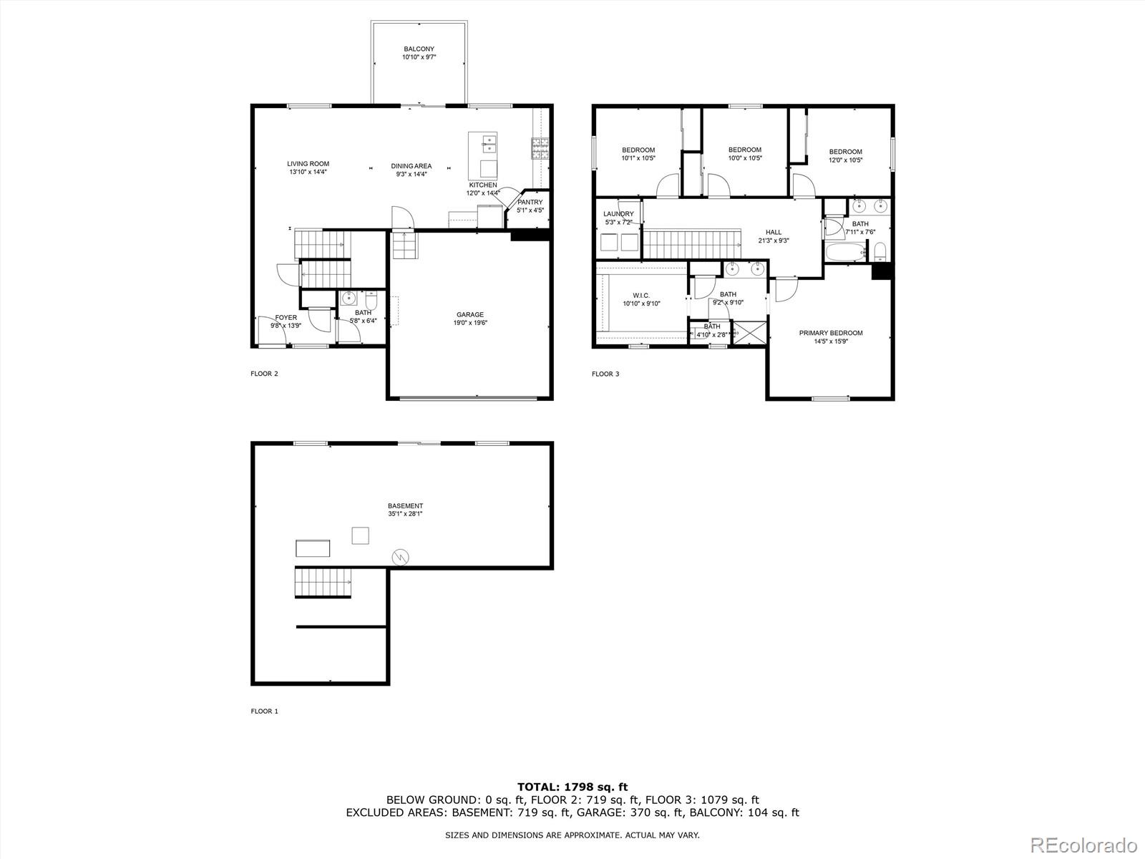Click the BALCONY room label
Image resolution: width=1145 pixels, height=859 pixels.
point(419,49)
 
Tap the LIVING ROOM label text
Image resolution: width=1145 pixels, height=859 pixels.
point(308,164)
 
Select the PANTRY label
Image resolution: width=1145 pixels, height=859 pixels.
point(530,203)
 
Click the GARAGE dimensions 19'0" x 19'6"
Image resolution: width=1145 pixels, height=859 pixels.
point(470,323)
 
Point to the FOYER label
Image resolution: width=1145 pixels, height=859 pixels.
point(286,318)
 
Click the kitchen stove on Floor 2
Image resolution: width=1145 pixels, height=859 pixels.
point(540,147)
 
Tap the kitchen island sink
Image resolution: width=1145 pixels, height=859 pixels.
point(489,145)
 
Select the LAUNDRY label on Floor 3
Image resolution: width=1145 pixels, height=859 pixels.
point(618,214)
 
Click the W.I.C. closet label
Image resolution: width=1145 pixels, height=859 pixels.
point(641,295)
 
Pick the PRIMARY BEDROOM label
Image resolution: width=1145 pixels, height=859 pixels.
point(831,333)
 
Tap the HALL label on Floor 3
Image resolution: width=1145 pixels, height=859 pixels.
point(774,232)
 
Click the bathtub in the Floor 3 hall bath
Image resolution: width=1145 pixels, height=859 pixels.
point(844,253)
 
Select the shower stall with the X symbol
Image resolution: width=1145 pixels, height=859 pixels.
point(751,334)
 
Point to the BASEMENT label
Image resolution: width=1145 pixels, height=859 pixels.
point(405,506)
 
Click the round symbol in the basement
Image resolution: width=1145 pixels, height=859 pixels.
point(400,556)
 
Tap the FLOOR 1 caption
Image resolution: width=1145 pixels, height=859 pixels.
point(264,711)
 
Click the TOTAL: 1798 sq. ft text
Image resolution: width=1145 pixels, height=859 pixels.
point(572,787)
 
